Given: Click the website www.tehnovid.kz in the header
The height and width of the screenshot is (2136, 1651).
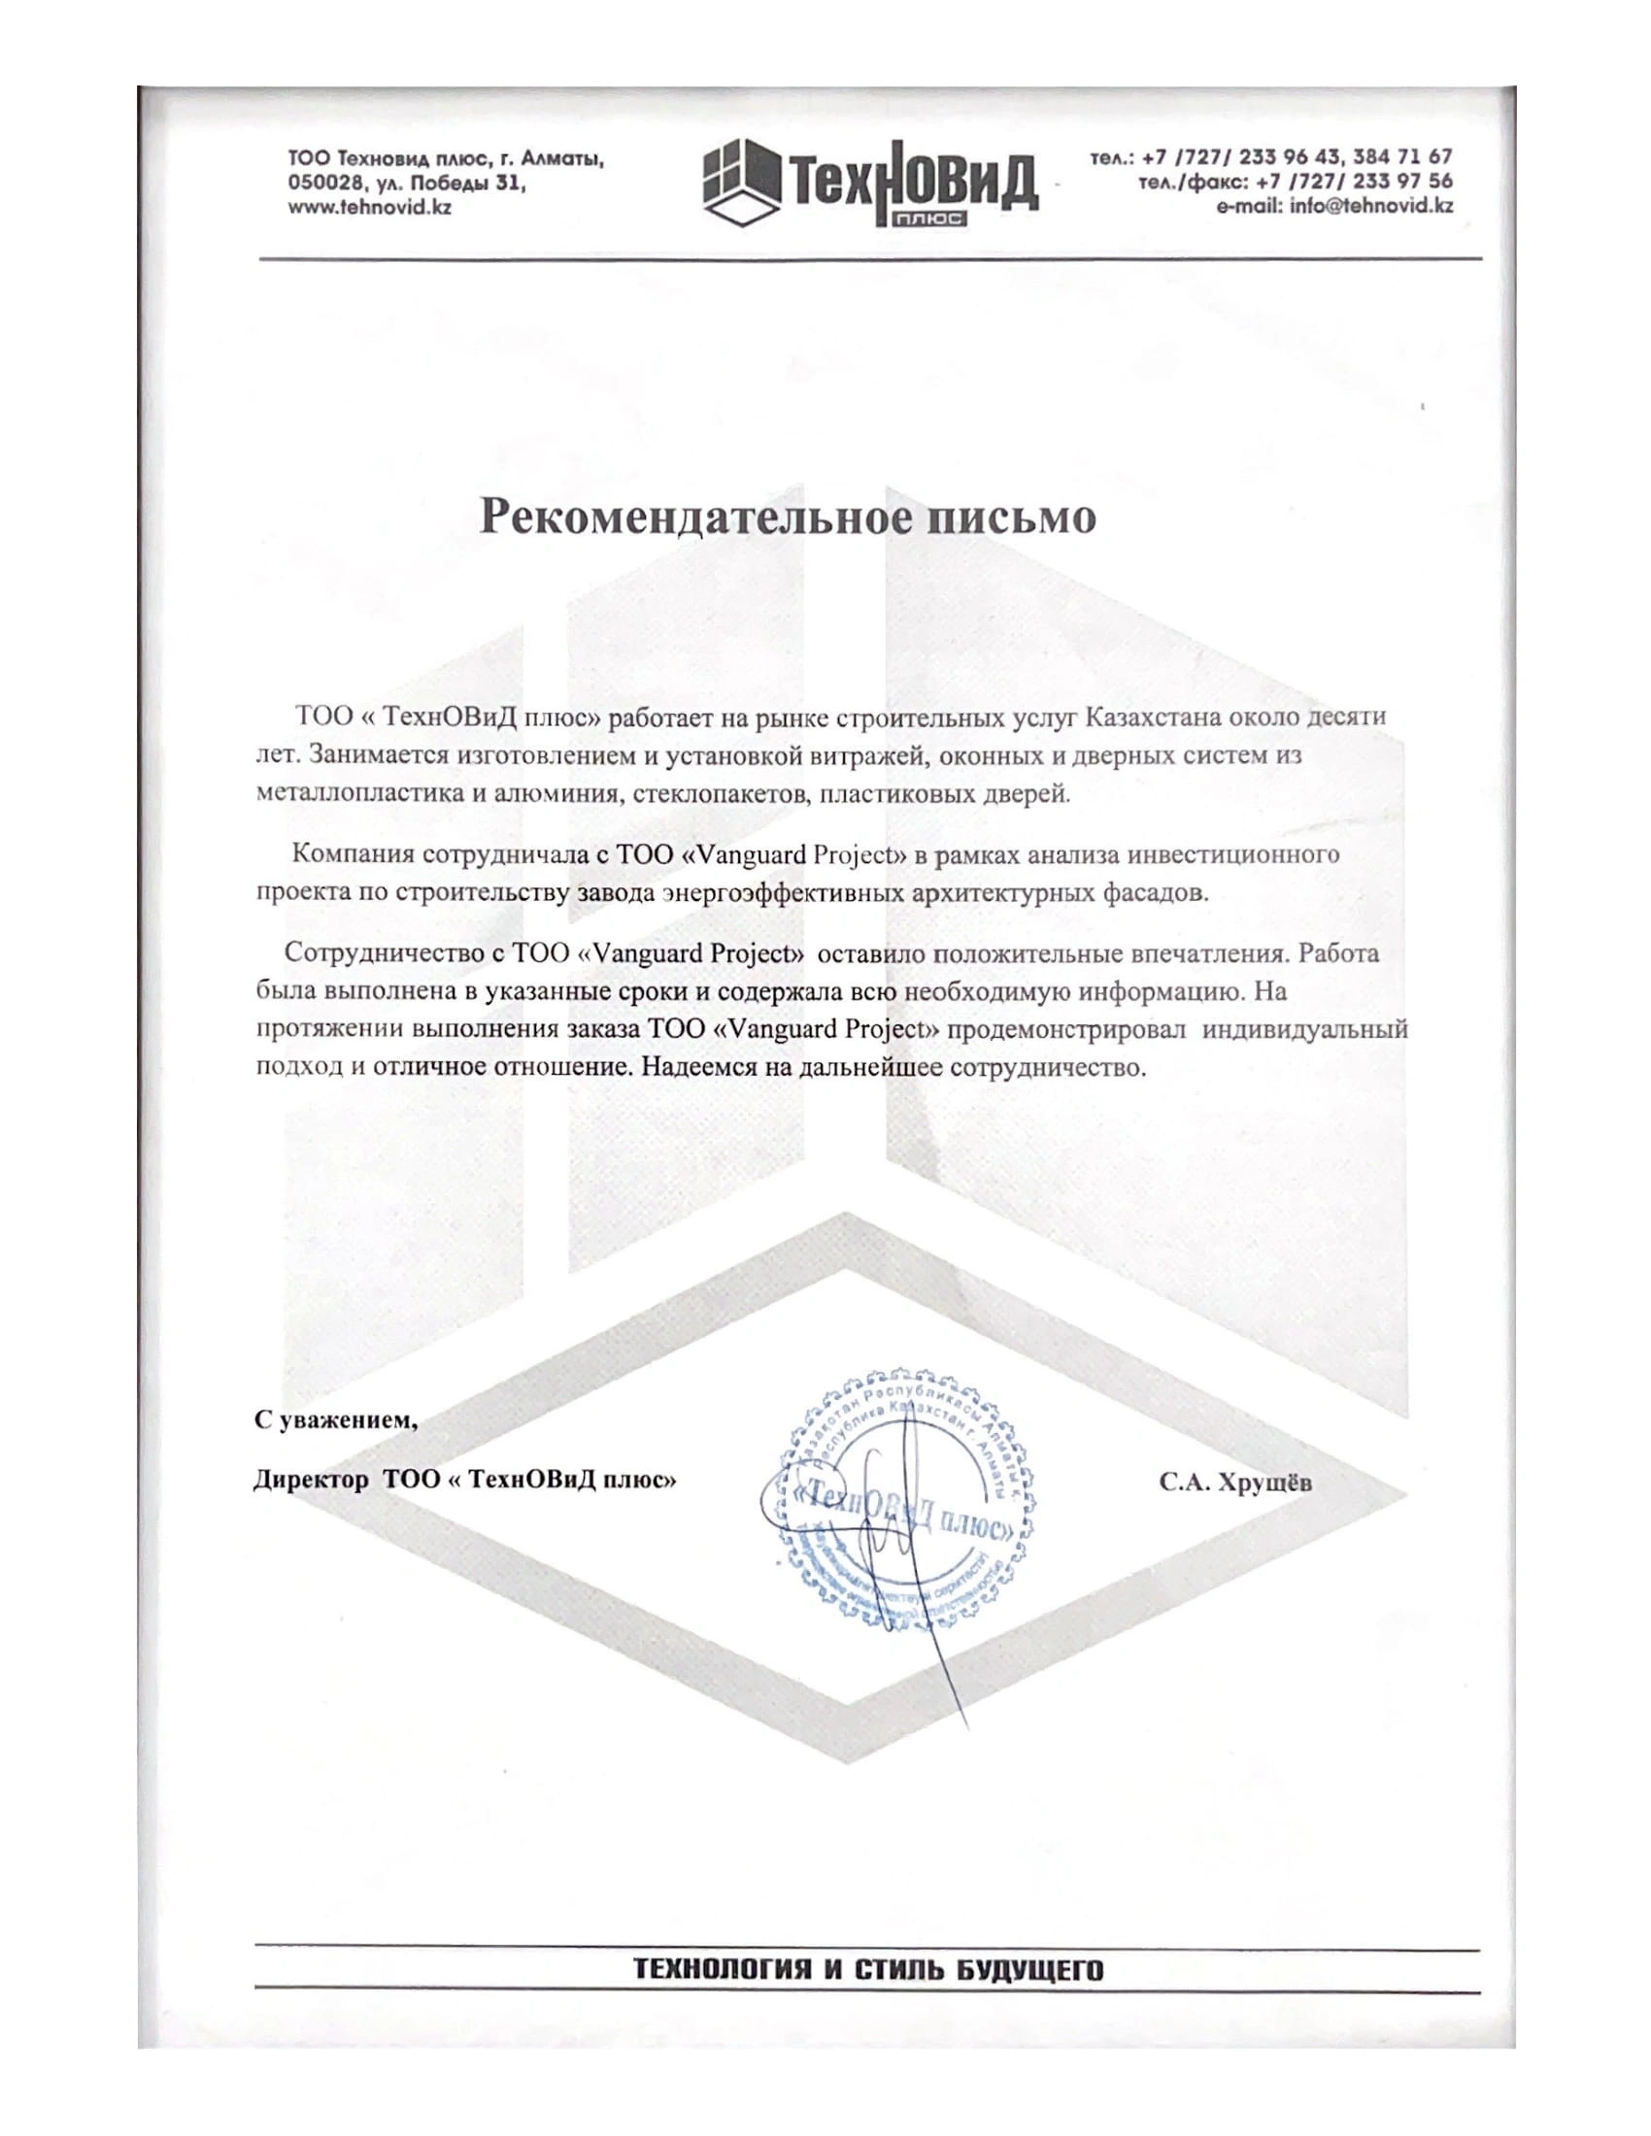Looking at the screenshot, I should [369, 208].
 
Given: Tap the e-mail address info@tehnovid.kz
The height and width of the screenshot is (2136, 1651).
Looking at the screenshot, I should [1334, 206].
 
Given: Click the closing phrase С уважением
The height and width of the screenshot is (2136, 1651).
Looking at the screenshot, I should [335, 1419].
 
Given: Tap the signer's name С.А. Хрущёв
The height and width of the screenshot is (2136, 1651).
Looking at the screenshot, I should [1236, 1483].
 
